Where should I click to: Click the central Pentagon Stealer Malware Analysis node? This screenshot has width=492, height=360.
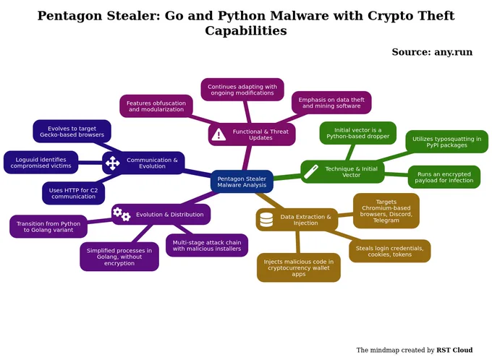[x=242, y=181]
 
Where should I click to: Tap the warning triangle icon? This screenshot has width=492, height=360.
[x=219, y=134]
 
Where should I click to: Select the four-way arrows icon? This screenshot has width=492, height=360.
[x=112, y=163]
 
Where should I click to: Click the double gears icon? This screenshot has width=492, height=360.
[x=122, y=214]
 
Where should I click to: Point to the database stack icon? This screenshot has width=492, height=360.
[x=266, y=220]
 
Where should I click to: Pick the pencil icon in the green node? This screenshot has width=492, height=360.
[x=311, y=171]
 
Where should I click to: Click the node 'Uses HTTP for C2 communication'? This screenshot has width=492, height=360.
[x=73, y=193]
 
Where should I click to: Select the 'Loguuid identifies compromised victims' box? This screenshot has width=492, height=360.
[x=41, y=163]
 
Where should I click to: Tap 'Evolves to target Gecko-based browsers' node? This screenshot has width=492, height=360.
[x=72, y=132]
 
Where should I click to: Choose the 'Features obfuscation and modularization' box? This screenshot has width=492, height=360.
[x=156, y=106]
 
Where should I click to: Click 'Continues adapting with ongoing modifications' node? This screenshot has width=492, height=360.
[x=242, y=90]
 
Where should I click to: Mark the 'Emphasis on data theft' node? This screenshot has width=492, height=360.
[x=331, y=103]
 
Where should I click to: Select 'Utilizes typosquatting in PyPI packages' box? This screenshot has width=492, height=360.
[x=447, y=142]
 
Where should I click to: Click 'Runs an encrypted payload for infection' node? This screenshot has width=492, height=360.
[x=444, y=177]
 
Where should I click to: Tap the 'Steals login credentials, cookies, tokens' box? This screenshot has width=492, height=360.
[x=390, y=251]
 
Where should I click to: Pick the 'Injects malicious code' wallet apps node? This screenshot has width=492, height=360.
[x=298, y=267]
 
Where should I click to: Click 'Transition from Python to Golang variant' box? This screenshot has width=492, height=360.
[x=48, y=226]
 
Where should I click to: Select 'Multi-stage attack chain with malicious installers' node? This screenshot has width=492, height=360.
[x=207, y=245]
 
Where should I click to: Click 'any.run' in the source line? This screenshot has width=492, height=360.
[x=453, y=52]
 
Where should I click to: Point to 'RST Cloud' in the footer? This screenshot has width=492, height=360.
[x=454, y=350]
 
